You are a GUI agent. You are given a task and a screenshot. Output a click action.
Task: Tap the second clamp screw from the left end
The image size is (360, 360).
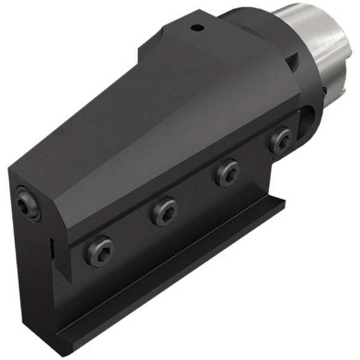pos(164,211)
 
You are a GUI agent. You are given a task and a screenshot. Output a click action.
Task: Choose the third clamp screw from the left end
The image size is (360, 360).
pos(227,172)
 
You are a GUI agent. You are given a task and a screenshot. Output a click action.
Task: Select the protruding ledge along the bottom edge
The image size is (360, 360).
pos(180,264)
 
